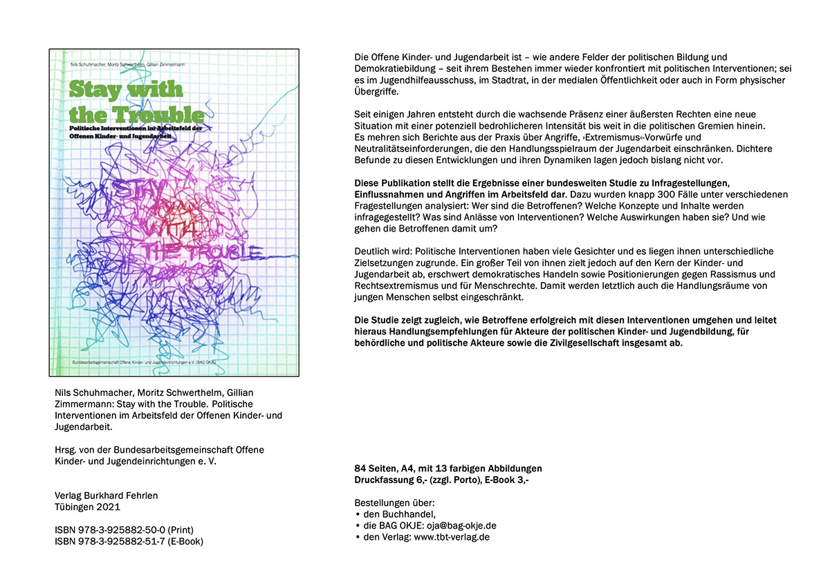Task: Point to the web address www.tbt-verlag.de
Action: tap(452, 537)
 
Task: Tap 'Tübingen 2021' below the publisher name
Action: tap(87, 507)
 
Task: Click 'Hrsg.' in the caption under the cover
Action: tap(66, 450)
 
